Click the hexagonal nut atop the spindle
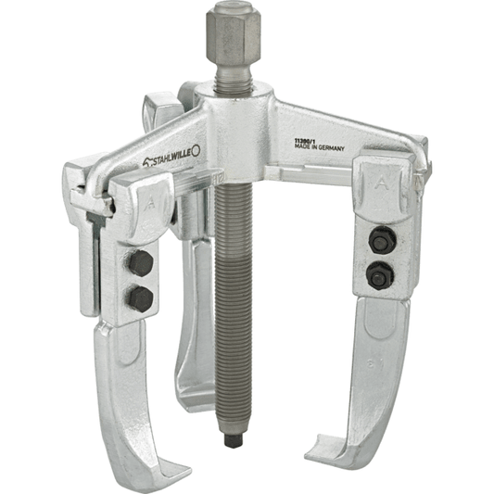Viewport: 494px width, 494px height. coord(234,36)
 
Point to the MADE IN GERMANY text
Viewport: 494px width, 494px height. coord(319,147)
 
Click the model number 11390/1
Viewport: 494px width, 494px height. coord(304,141)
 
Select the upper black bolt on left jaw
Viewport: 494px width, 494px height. coord(141,264)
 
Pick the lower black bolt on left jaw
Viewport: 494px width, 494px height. coord(140,299)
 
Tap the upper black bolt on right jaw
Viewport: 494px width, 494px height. coord(382,240)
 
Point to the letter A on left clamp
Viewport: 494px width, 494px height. coord(150,205)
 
